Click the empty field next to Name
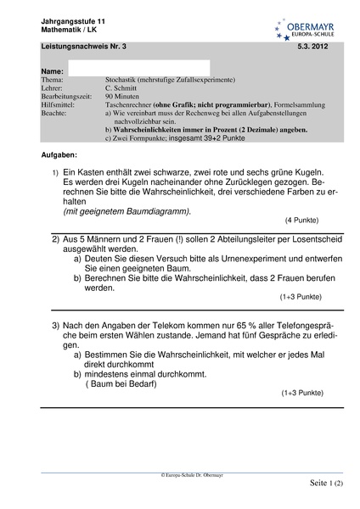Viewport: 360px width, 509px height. click(138, 69)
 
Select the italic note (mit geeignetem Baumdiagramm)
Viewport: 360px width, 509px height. click(127, 210)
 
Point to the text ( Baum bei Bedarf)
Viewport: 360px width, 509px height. click(124, 383)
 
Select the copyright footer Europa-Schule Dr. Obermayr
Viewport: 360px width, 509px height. click(179, 476)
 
